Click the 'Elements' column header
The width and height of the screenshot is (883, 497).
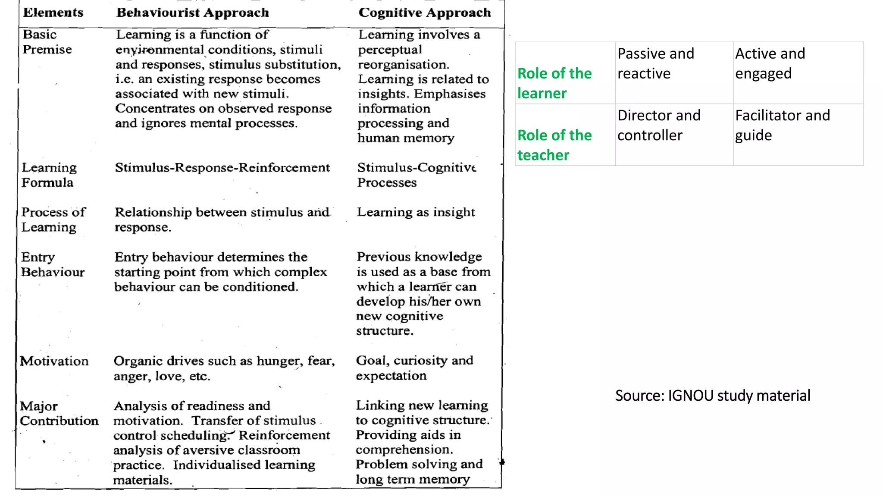click(53, 13)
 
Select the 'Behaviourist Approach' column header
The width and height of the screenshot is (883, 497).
click(192, 13)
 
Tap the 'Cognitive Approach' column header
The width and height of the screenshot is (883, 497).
click(424, 13)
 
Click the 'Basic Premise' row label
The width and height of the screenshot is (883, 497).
click(47, 42)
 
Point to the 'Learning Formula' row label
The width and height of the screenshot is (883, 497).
click(49, 175)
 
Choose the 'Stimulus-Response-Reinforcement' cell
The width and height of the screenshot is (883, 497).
click(222, 167)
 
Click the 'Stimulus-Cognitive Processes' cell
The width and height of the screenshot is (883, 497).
click(416, 175)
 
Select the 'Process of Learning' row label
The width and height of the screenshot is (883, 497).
click(53, 220)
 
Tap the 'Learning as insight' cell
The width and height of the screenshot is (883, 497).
click(416, 212)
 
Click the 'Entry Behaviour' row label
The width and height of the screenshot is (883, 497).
click(53, 264)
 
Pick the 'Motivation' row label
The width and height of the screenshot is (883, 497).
click(54, 361)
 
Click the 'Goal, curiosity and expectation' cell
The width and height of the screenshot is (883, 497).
click(414, 368)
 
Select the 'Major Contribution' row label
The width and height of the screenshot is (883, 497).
click(59, 413)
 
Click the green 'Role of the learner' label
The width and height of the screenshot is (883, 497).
click(554, 83)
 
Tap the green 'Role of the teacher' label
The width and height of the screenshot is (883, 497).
click(554, 145)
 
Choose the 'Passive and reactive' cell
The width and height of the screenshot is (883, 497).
click(655, 63)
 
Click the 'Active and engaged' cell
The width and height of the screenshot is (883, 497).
click(770, 63)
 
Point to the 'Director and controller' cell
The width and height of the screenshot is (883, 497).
click(658, 125)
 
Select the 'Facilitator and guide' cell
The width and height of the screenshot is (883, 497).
click(782, 125)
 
